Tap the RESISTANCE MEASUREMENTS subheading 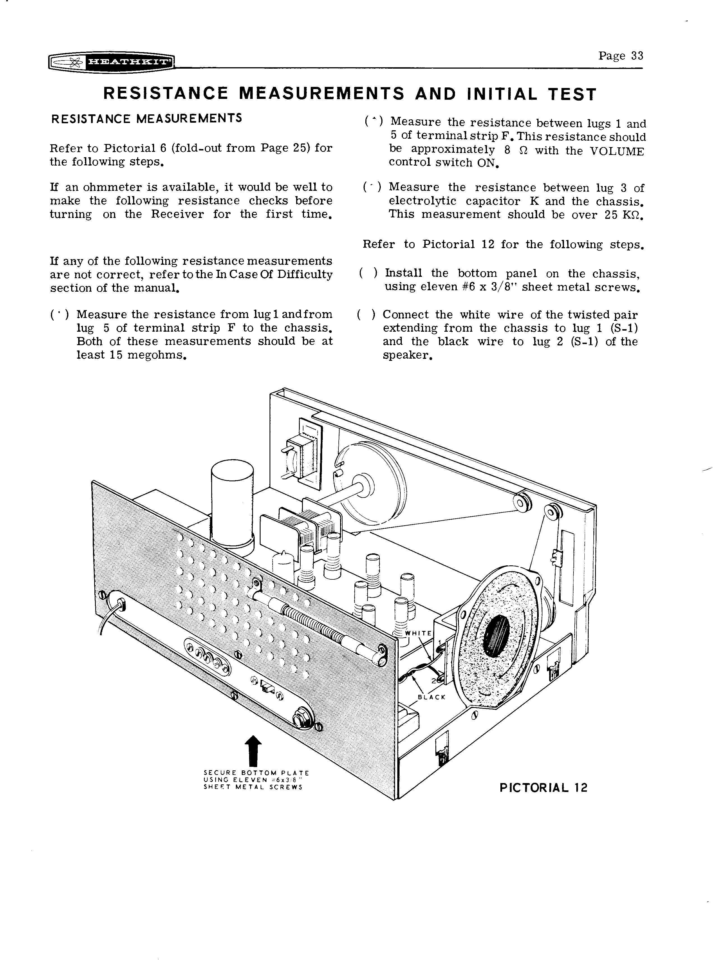click(146, 118)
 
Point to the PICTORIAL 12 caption click(543, 788)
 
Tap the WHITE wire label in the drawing click(418, 633)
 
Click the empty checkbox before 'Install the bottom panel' click(368, 273)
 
